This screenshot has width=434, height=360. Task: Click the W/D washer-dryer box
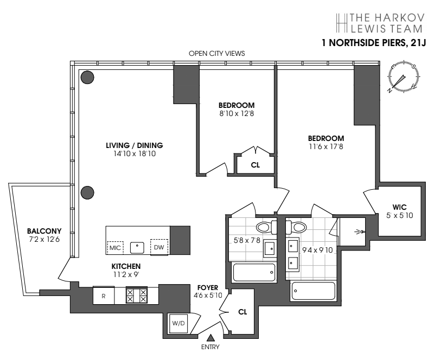click(x=178, y=323)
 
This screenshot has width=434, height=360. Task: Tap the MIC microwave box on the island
click(x=115, y=248)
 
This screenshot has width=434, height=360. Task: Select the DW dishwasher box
click(x=159, y=247)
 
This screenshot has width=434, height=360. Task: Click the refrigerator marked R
click(x=104, y=295)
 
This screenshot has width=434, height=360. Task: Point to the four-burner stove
click(x=136, y=295)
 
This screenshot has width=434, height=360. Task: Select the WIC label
click(x=400, y=206)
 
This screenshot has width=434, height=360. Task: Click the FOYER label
click(x=208, y=287)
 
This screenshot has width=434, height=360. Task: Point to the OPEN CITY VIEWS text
click(x=216, y=53)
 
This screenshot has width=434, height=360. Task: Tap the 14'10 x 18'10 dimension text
click(x=134, y=153)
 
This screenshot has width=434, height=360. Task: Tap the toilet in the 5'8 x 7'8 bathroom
click(x=265, y=227)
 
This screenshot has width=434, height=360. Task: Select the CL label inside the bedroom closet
click(x=255, y=165)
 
